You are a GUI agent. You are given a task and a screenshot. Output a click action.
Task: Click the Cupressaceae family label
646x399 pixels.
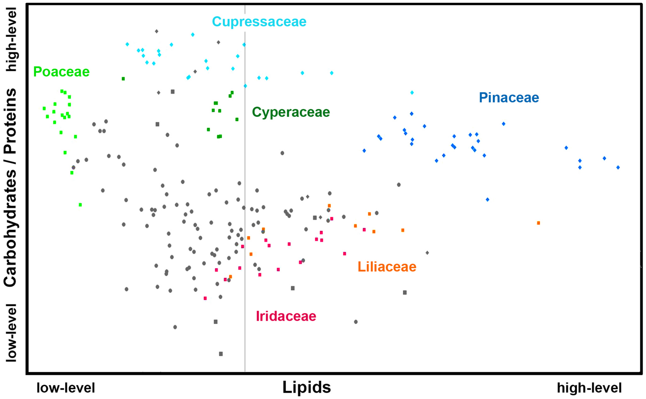coord(259,22)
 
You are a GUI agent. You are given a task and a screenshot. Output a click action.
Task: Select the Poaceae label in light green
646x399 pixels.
coord(61,72)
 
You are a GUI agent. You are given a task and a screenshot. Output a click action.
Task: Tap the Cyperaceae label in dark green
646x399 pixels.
coord(291,112)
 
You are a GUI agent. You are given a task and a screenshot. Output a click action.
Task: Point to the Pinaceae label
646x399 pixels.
coord(509,98)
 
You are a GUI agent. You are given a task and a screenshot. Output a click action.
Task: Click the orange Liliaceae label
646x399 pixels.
coord(387,267)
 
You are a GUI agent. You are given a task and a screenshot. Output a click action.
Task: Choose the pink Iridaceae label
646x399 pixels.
coord(286,316)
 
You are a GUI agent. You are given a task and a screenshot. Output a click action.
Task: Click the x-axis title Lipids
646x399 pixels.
coord(306,387)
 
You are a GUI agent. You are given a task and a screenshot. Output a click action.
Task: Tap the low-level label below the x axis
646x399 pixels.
coord(66,388)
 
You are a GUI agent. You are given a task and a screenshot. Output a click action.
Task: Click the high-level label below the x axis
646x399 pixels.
coord(589,388)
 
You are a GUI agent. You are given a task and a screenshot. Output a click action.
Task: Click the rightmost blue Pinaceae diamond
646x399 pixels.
coord(618,167)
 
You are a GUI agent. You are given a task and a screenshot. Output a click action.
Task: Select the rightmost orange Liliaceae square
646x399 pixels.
coord(539,223)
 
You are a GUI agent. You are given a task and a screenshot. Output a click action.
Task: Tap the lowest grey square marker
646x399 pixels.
coord(221,354)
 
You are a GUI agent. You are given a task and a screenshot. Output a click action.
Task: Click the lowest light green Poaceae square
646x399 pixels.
coord(80,205)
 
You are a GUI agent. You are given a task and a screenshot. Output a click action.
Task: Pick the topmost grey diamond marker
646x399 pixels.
coord(156,31)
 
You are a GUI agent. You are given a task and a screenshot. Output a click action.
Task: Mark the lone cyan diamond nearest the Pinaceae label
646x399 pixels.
coord(412,92)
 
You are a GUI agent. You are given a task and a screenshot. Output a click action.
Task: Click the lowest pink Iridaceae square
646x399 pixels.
coord(205,298)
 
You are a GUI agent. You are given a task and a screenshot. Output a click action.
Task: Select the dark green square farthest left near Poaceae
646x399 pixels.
coord(123,79)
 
